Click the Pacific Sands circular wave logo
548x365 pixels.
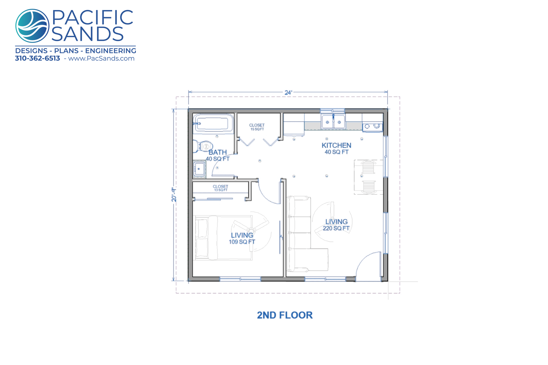[x=32, y=26]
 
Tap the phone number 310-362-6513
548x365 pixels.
[x=37, y=58]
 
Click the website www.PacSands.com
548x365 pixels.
[x=101, y=58]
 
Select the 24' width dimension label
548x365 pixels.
[x=288, y=92]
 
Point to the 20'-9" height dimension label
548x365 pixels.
[x=174, y=195]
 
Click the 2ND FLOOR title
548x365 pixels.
[x=285, y=315]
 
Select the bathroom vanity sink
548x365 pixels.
[x=199, y=169]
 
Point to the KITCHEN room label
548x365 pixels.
[x=337, y=145]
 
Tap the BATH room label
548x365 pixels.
[x=217, y=152]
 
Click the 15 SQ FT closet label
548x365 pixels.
[x=257, y=129]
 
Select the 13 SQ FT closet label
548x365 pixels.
[x=221, y=190]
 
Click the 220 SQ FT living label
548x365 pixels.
[x=336, y=228]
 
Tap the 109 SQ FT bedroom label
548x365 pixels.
[x=242, y=242]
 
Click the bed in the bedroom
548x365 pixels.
[x=223, y=238]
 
